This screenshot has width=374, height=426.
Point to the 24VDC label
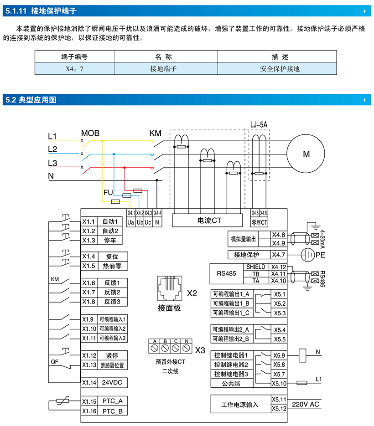[112, 382]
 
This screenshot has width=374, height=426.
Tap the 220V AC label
[306, 404]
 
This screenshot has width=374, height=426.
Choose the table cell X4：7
[74, 69]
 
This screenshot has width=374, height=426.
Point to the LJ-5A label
[259, 124]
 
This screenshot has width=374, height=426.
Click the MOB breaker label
[90, 133]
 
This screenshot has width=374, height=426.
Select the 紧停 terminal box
[112, 355]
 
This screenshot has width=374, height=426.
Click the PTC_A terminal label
[112, 401]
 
